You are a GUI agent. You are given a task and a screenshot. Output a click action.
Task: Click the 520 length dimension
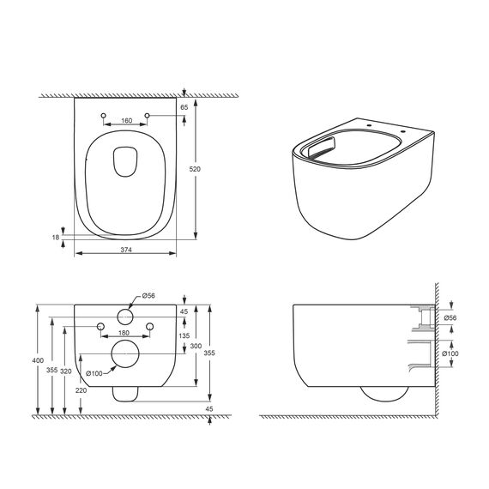pyautogui.click(x=195, y=169)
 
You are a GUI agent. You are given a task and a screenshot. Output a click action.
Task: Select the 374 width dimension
pyautogui.click(x=126, y=250)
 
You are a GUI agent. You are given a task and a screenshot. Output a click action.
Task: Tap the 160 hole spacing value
pyautogui.click(x=127, y=120)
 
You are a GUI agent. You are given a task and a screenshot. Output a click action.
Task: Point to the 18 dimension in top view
pyautogui.click(x=56, y=238)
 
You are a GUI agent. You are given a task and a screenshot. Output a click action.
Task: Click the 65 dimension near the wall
pyautogui.click(x=184, y=107)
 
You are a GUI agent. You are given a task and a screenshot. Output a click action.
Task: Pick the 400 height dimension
pyautogui.click(x=38, y=360)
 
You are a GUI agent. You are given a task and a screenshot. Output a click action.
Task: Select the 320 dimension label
pyautogui.click(x=66, y=371)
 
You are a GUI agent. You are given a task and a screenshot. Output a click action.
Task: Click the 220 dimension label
pyautogui.click(x=81, y=390)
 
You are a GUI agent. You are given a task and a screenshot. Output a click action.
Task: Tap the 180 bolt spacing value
pyautogui.click(x=124, y=333)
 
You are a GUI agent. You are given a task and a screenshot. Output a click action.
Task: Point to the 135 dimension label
pyautogui.click(x=184, y=336)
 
